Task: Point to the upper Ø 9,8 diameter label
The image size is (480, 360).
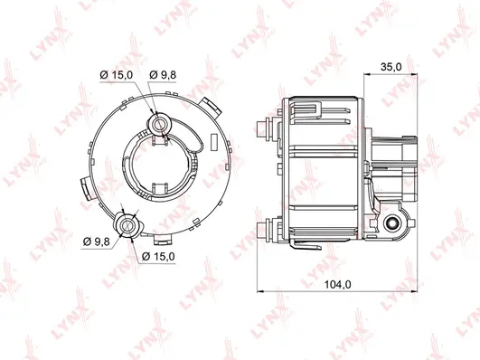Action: (x=164, y=73)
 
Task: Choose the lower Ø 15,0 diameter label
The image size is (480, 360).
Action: (x=158, y=256)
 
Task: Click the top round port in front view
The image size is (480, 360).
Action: (x=161, y=121)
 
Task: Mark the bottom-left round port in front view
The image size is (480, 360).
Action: (x=127, y=224)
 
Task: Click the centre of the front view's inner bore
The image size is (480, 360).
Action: (x=163, y=167)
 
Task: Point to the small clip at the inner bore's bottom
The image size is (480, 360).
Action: (x=163, y=190)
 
